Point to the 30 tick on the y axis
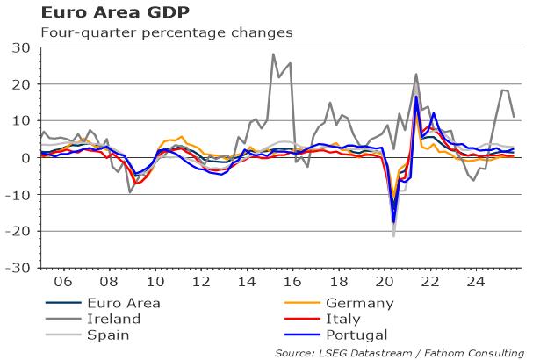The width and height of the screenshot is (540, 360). click(x=18, y=47)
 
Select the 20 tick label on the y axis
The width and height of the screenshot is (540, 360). click(x=18, y=84)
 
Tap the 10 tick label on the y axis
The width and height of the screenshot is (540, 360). click(x=18, y=121)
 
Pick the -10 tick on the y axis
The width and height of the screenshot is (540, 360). click(x=16, y=194)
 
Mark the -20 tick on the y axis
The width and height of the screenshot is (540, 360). click(x=16, y=231)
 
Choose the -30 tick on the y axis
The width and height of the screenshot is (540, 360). click(x=16, y=268)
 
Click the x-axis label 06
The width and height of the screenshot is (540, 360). click(x=64, y=284)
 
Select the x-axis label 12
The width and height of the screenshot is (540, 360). click(x=202, y=284)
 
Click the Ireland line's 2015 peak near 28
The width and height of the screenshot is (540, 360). click(x=273, y=54)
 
